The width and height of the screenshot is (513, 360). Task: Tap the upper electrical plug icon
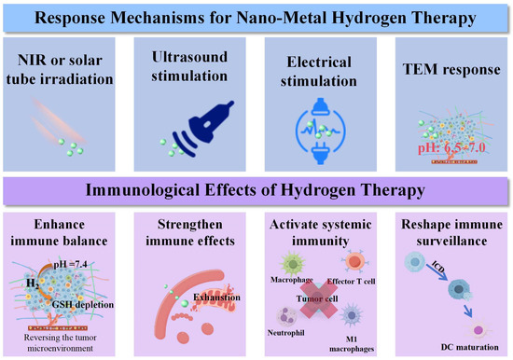click(x=320, y=106)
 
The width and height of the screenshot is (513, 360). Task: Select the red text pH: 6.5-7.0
click(x=451, y=148)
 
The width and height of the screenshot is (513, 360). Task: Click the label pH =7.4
click(x=70, y=264)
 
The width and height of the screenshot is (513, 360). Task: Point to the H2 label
click(x=33, y=284)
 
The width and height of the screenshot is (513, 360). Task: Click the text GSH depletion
click(x=83, y=304)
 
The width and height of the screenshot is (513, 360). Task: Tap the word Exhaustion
click(x=216, y=298)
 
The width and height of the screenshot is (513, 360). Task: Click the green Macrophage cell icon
click(x=293, y=264)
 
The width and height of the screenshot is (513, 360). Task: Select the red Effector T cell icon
click(x=354, y=262)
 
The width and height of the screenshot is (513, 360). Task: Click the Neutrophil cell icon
click(x=286, y=316)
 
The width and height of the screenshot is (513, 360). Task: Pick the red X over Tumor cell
click(x=318, y=299)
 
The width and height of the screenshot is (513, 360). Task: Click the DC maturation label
click(x=470, y=347)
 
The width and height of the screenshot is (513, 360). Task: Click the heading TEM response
click(x=451, y=69)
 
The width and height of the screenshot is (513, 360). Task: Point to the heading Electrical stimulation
click(x=319, y=71)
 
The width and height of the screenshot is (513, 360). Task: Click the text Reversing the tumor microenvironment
click(x=61, y=342)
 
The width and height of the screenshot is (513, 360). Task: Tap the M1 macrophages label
click(x=352, y=344)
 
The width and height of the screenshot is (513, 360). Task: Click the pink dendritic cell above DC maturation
click(x=478, y=330)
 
